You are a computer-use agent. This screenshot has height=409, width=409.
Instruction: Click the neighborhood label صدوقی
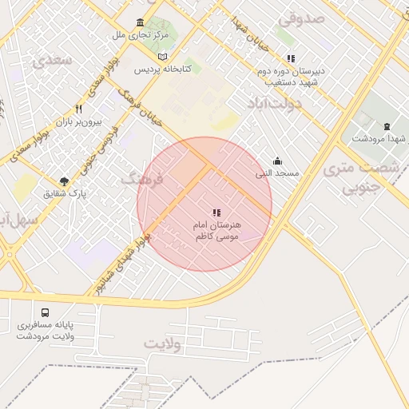(301, 17)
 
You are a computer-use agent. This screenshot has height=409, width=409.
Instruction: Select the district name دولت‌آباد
(276, 104)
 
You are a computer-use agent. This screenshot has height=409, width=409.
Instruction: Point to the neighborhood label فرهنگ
(141, 179)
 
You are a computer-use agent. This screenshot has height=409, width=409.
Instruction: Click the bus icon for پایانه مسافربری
(44, 312)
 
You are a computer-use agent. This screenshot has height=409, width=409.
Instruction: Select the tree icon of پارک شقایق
(64, 181)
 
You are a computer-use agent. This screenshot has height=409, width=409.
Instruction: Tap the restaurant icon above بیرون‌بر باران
(78, 109)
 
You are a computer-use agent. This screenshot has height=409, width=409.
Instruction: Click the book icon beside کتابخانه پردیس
(163, 58)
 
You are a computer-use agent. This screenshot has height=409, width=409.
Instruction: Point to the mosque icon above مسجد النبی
(277, 161)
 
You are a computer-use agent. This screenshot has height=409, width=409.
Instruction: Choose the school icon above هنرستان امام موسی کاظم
(216, 212)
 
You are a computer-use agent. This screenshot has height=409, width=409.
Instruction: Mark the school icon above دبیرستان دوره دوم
(292, 58)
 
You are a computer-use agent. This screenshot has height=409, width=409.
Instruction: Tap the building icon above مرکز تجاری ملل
(141, 22)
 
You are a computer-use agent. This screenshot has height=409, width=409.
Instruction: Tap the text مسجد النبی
(277, 173)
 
